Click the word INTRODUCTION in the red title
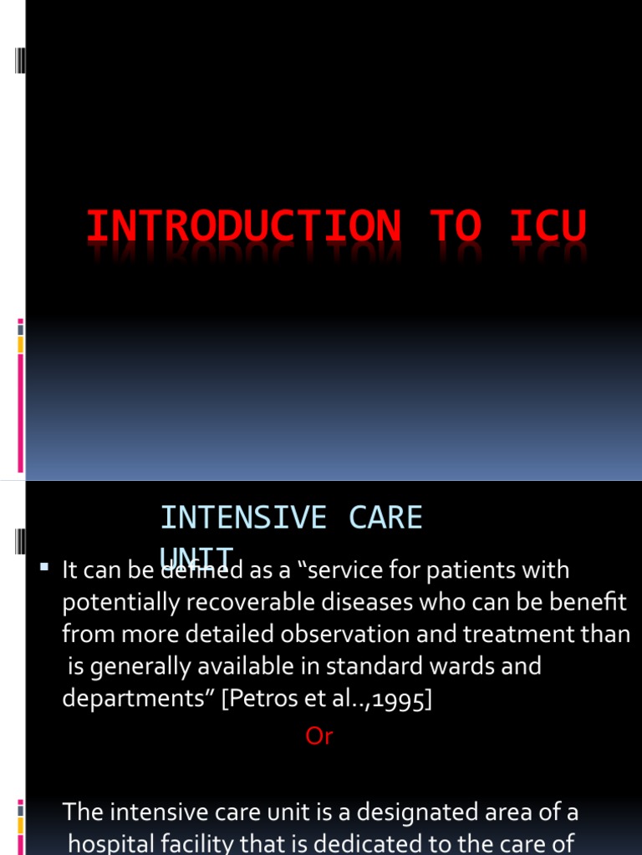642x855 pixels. tap(243, 228)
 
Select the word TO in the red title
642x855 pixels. tap(455, 228)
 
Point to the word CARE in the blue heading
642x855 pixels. tap(385, 518)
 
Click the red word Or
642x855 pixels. tap(319, 736)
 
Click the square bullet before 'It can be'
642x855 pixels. tap(44, 569)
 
